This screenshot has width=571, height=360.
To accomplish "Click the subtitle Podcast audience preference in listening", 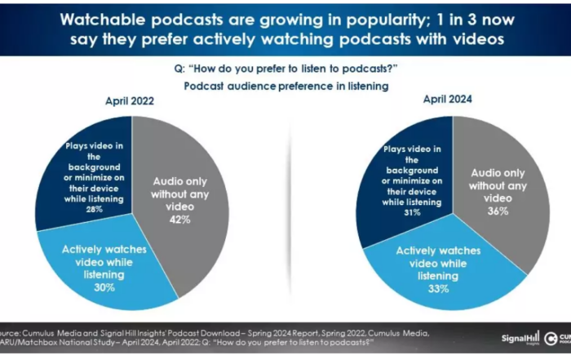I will pos(285,86).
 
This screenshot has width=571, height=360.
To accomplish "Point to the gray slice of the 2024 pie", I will pos(506,188).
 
